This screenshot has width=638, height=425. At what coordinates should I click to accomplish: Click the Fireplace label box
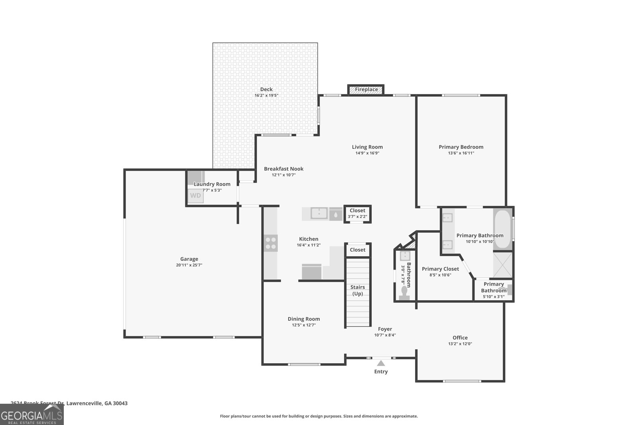point(366,90)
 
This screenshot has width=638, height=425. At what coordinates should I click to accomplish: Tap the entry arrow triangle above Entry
point(381,363)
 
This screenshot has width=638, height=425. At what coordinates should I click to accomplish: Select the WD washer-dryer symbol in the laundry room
point(195,196)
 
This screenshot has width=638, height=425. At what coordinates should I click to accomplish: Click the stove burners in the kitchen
point(270,243)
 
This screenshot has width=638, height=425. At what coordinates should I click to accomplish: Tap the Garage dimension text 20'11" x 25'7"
point(189,265)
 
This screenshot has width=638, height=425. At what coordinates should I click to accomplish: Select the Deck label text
point(266,89)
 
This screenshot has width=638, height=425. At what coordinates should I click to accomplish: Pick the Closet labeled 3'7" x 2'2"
point(357,213)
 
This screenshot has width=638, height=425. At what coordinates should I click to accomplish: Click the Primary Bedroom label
point(461,147)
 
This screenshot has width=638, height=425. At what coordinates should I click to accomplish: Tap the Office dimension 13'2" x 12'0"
point(460,344)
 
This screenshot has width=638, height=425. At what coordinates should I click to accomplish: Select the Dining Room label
point(304,319)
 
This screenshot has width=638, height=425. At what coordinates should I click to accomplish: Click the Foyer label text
point(385,329)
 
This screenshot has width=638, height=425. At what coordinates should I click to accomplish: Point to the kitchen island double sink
point(319,213)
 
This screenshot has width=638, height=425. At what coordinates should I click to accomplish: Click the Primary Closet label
point(440,269)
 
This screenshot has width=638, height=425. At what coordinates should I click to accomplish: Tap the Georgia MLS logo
point(32,415)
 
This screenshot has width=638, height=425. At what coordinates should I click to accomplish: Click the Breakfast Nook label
point(284,169)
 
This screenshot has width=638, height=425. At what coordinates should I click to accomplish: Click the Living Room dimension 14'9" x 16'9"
point(367,153)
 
